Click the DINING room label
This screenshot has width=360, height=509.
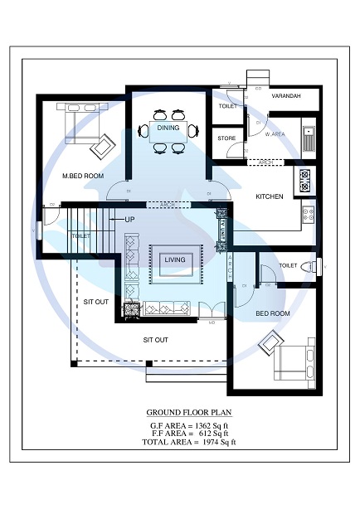(x=168, y=128)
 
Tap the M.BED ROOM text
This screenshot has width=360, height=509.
(x=83, y=176)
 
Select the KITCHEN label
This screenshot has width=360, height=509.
(x=270, y=196)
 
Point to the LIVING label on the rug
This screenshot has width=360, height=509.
(x=174, y=260)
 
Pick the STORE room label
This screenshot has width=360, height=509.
(x=226, y=139)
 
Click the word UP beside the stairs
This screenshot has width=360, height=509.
(x=129, y=220)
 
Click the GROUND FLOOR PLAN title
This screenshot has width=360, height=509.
(x=189, y=412)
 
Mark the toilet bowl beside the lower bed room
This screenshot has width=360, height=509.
(x=309, y=266)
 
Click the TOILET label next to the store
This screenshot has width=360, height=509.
(x=227, y=106)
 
